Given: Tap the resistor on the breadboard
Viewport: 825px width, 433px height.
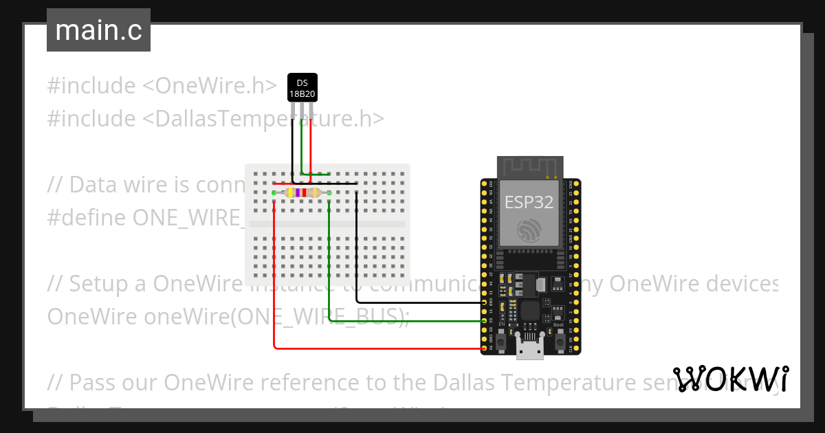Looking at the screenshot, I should point(302,193).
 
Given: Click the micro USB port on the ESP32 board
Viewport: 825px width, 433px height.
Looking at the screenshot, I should point(530,351).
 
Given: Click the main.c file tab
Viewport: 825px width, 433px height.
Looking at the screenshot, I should point(98,30).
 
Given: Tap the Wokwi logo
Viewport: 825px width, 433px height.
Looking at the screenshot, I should point(731,379).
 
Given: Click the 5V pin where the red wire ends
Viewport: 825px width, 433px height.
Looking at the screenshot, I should point(485,348).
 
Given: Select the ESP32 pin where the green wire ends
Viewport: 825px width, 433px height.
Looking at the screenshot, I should point(485,320).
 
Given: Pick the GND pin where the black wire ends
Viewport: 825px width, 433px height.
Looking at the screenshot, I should point(485,302).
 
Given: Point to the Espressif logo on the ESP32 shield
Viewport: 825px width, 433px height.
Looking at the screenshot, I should point(530,231).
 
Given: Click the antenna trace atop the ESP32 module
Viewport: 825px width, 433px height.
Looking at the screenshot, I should point(530,167).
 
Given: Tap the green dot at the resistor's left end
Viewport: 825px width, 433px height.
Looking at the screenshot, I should point(274,193).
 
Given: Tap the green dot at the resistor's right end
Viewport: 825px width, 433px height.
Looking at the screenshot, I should point(329,193).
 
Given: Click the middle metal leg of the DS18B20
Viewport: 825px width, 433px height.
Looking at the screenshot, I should point(302,110).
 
